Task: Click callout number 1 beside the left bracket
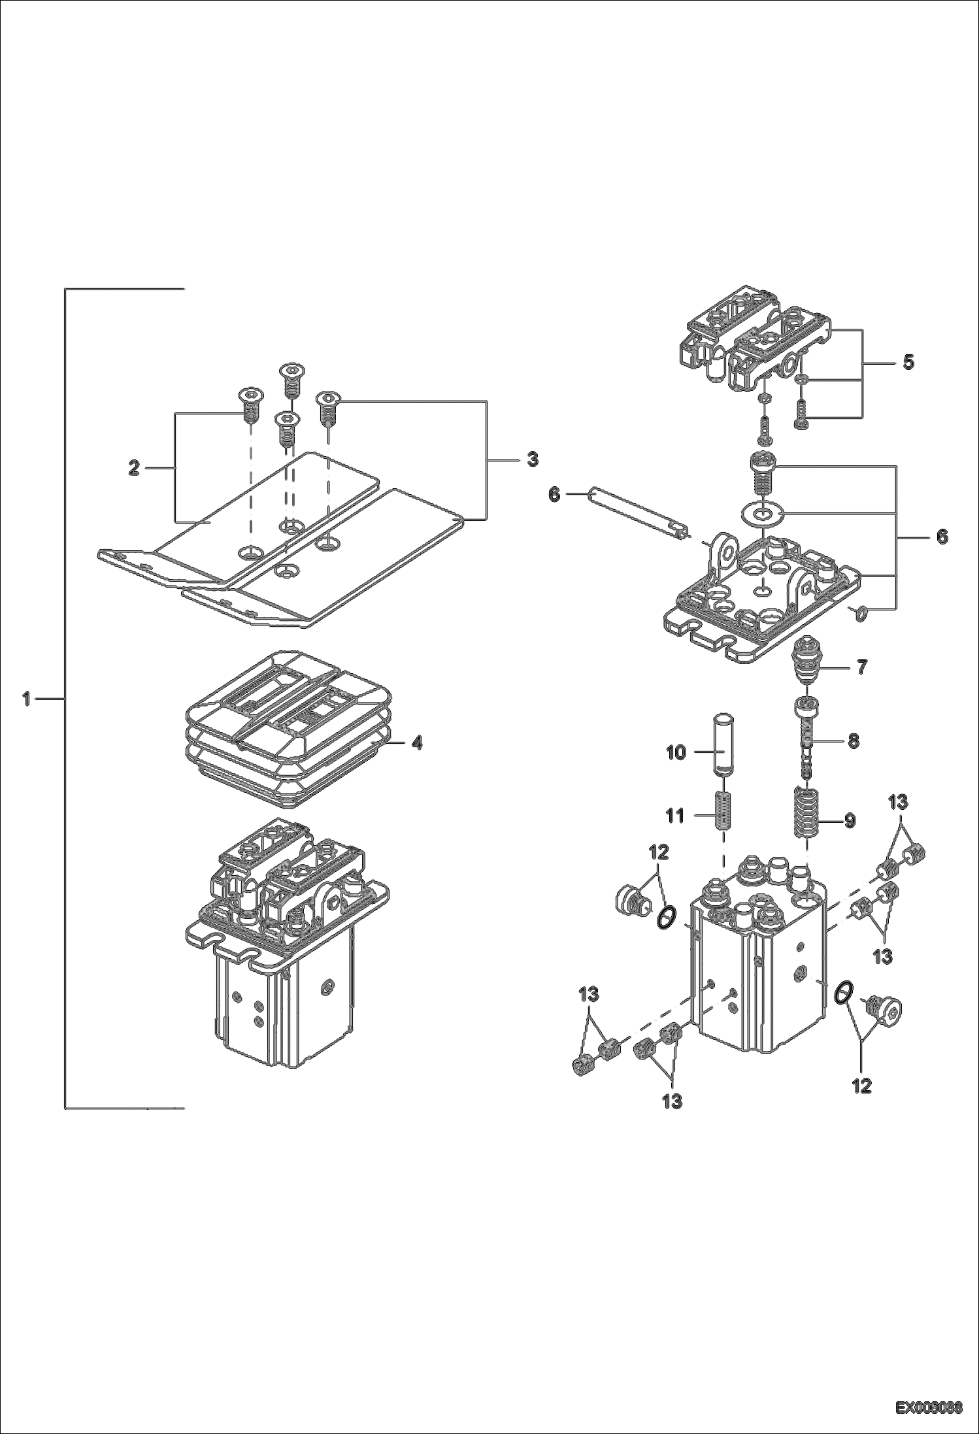26,699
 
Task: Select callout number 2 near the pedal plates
134,468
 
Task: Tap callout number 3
533,459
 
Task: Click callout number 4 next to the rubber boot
416,742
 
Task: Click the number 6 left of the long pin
554,495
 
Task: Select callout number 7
862,667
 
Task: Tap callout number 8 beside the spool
853,741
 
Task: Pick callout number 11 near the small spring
675,815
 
